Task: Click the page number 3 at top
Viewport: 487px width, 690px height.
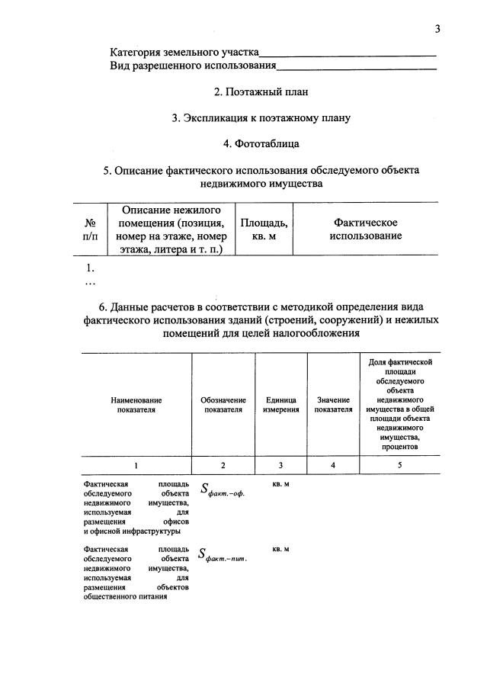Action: click(x=437, y=29)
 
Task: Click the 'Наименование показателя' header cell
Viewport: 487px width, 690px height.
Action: click(x=136, y=404)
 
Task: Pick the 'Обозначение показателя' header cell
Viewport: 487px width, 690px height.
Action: click(x=223, y=404)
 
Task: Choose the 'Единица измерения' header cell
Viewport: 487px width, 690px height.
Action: click(x=281, y=404)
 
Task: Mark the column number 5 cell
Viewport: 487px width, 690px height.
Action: click(x=399, y=465)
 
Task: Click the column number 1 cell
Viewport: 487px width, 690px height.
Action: click(x=136, y=465)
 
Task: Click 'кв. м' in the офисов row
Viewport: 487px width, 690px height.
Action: click(x=280, y=484)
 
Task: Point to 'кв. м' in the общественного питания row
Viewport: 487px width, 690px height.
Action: click(x=280, y=549)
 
